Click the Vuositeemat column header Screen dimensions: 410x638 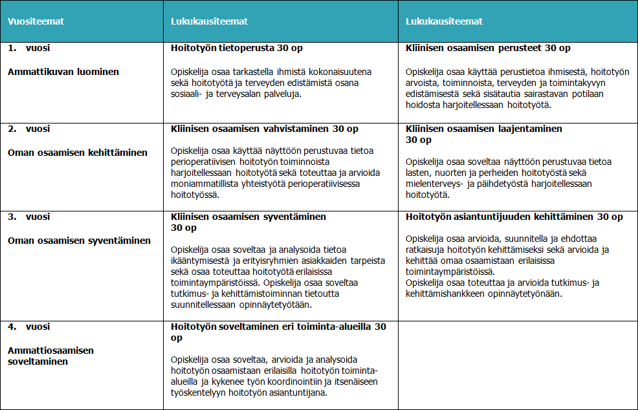click(36, 21)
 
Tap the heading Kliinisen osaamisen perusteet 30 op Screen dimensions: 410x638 click(488, 49)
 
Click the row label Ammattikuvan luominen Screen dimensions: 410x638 click(63, 72)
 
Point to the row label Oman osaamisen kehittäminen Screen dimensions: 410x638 click(78, 153)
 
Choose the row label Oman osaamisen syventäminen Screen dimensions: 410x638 click(79, 241)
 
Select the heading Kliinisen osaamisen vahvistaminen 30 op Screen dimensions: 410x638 click(265, 129)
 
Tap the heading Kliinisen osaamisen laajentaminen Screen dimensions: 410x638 click(484, 129)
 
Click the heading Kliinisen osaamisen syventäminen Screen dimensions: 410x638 click(248, 217)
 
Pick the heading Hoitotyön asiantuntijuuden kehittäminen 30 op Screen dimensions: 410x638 click(514, 217)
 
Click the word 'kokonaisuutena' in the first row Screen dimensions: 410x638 click(341, 72)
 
